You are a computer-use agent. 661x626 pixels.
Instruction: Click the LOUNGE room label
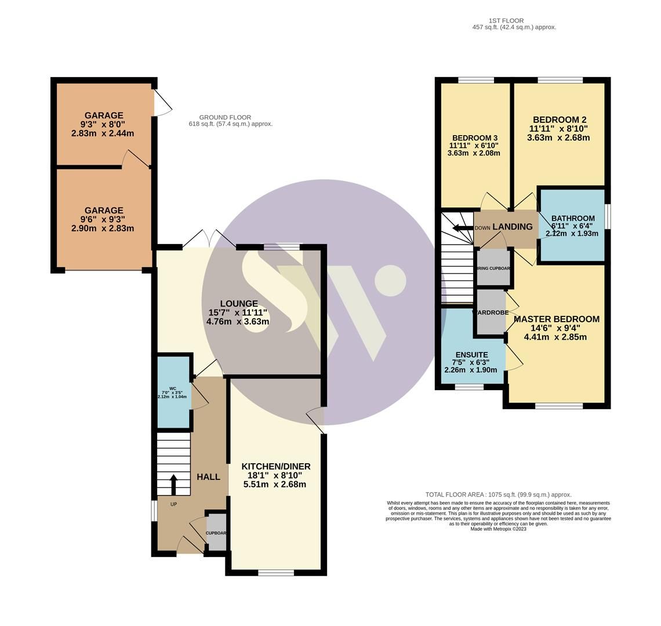pos(238,304)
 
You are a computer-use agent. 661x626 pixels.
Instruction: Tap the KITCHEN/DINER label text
pos(275,467)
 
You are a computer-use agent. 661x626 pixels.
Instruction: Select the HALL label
pos(208,477)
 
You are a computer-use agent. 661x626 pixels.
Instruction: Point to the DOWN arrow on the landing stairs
pos(463,228)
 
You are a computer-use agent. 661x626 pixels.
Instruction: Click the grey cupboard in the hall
pos(217,532)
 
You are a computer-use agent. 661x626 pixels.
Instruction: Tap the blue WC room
pos(173,392)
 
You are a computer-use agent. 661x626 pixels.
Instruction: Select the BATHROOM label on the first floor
pos(572,219)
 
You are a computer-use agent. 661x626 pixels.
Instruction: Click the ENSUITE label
pos(471,355)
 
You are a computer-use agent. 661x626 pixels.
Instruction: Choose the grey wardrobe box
pos(491,319)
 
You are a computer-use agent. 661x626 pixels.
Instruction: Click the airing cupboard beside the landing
pos(493,268)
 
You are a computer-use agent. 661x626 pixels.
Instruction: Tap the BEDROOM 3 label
pos(474,138)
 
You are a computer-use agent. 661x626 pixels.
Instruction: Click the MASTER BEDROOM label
pos(556,319)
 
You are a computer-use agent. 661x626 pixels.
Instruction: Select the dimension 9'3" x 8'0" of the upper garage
pos(104,125)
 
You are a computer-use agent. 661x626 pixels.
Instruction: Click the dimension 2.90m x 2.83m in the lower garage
pos(103,228)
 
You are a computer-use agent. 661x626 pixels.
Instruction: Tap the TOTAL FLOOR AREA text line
pos(498,495)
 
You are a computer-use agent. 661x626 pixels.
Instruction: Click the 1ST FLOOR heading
pos(506,21)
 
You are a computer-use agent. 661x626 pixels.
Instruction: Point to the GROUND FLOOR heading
pos(225,118)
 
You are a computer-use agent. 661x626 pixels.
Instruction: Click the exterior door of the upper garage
pos(162,103)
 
